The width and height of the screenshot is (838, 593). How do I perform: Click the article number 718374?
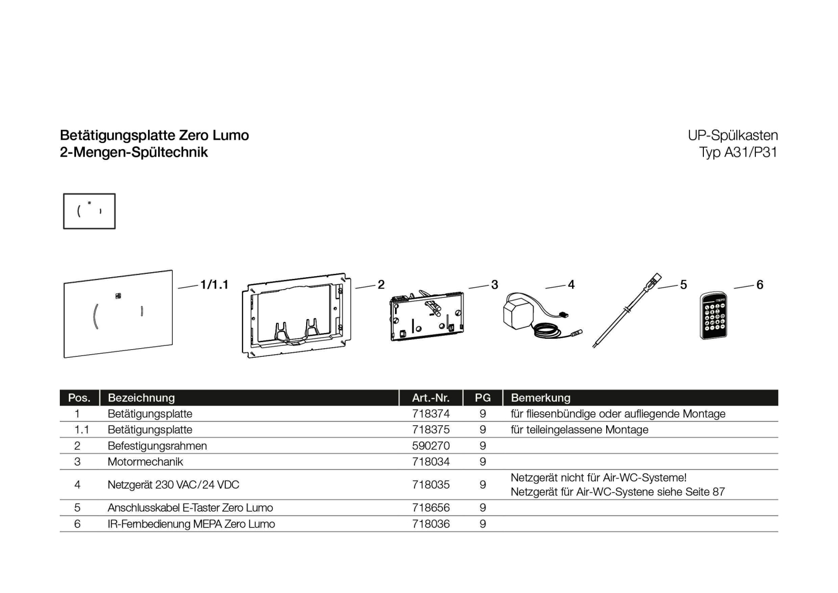[x=431, y=414]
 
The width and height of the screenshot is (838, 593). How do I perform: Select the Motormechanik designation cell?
[x=145, y=462]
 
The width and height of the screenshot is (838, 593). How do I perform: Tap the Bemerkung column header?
[x=541, y=397]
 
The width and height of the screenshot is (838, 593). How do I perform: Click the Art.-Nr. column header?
[x=431, y=397]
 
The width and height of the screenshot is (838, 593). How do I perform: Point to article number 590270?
[x=431, y=446]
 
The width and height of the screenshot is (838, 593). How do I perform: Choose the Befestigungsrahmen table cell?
[x=157, y=446]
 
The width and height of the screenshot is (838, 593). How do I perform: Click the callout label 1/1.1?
[x=215, y=284]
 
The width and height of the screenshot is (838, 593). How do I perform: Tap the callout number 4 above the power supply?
[x=571, y=284]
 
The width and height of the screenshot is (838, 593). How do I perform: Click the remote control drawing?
[x=713, y=316]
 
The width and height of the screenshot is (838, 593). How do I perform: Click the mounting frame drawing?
[x=297, y=315]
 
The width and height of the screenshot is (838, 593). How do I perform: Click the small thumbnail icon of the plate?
[x=89, y=211]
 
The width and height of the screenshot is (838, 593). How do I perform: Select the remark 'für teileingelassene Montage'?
[x=579, y=430]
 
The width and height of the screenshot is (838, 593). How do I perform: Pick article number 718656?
[x=431, y=507]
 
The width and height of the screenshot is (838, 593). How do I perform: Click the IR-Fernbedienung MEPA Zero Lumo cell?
[x=191, y=524]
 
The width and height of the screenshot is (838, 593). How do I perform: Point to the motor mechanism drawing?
[x=426, y=316]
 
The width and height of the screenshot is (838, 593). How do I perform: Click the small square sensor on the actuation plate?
[x=118, y=296]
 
